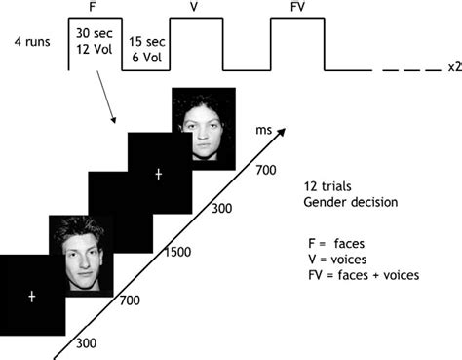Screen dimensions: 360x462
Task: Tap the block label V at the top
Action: click(196, 7)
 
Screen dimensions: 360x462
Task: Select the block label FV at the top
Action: click(297, 7)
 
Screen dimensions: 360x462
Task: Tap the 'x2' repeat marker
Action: click(453, 68)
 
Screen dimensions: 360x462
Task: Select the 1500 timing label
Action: click(177, 253)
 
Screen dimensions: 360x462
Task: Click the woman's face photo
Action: click(203, 125)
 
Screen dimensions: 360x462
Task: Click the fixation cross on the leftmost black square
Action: click(31, 295)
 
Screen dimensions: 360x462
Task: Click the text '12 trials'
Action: click(326, 185)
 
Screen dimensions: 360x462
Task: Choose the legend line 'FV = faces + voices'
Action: click(362, 275)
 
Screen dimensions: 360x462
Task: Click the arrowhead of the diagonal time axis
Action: click(284, 129)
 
